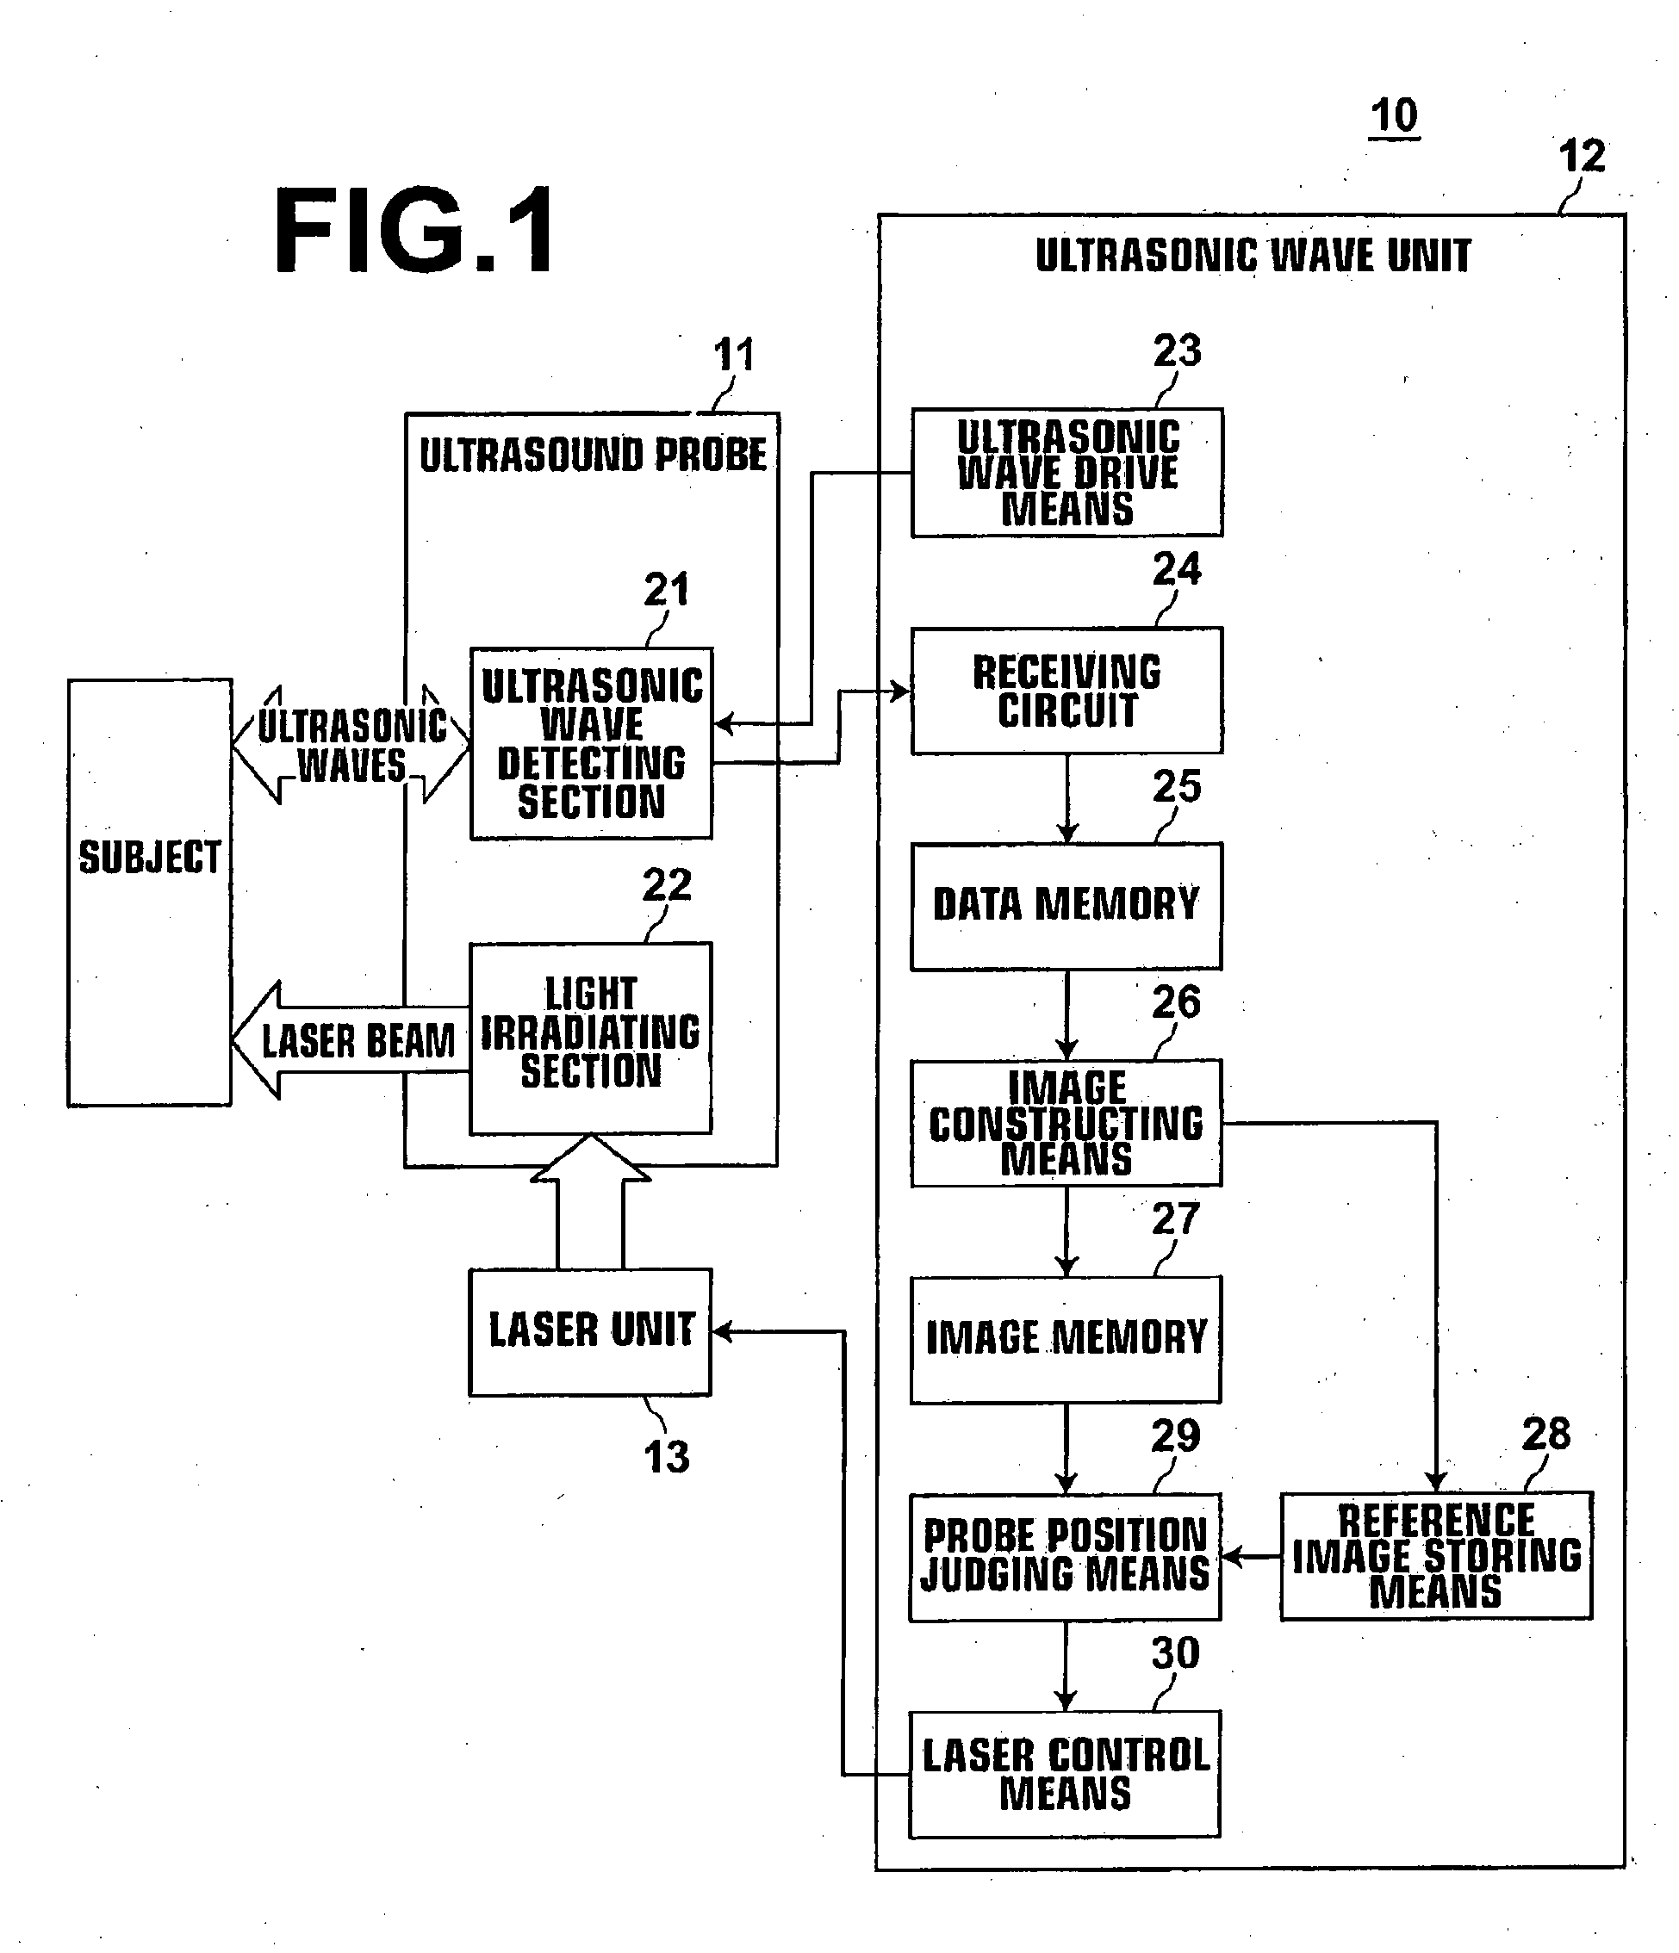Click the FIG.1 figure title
pyautogui.click(x=415, y=231)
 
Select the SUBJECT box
pyautogui.click(x=150, y=893)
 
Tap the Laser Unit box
pyautogui.click(x=590, y=1332)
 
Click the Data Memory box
pyautogui.click(x=1066, y=906)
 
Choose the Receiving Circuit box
pyautogui.click(x=1067, y=691)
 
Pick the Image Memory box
pyautogui.click(x=1066, y=1339)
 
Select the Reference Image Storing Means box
pyautogui.click(x=1437, y=1555)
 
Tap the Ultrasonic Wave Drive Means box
pyautogui.click(x=1067, y=472)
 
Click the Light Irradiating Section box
pyautogui.click(x=591, y=1038)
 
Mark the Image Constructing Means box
pyautogui.click(x=1066, y=1123)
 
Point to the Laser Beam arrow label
pyautogui.click(x=358, y=1042)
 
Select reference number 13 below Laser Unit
pyautogui.click(x=667, y=1457)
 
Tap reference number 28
pyautogui.click(x=1546, y=1435)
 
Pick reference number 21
pyautogui.click(x=667, y=590)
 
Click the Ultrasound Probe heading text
pyautogui.click(x=593, y=456)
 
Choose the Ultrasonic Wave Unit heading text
pyautogui.click(x=1253, y=256)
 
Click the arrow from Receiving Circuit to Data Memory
pyautogui.click(x=1067, y=798)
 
